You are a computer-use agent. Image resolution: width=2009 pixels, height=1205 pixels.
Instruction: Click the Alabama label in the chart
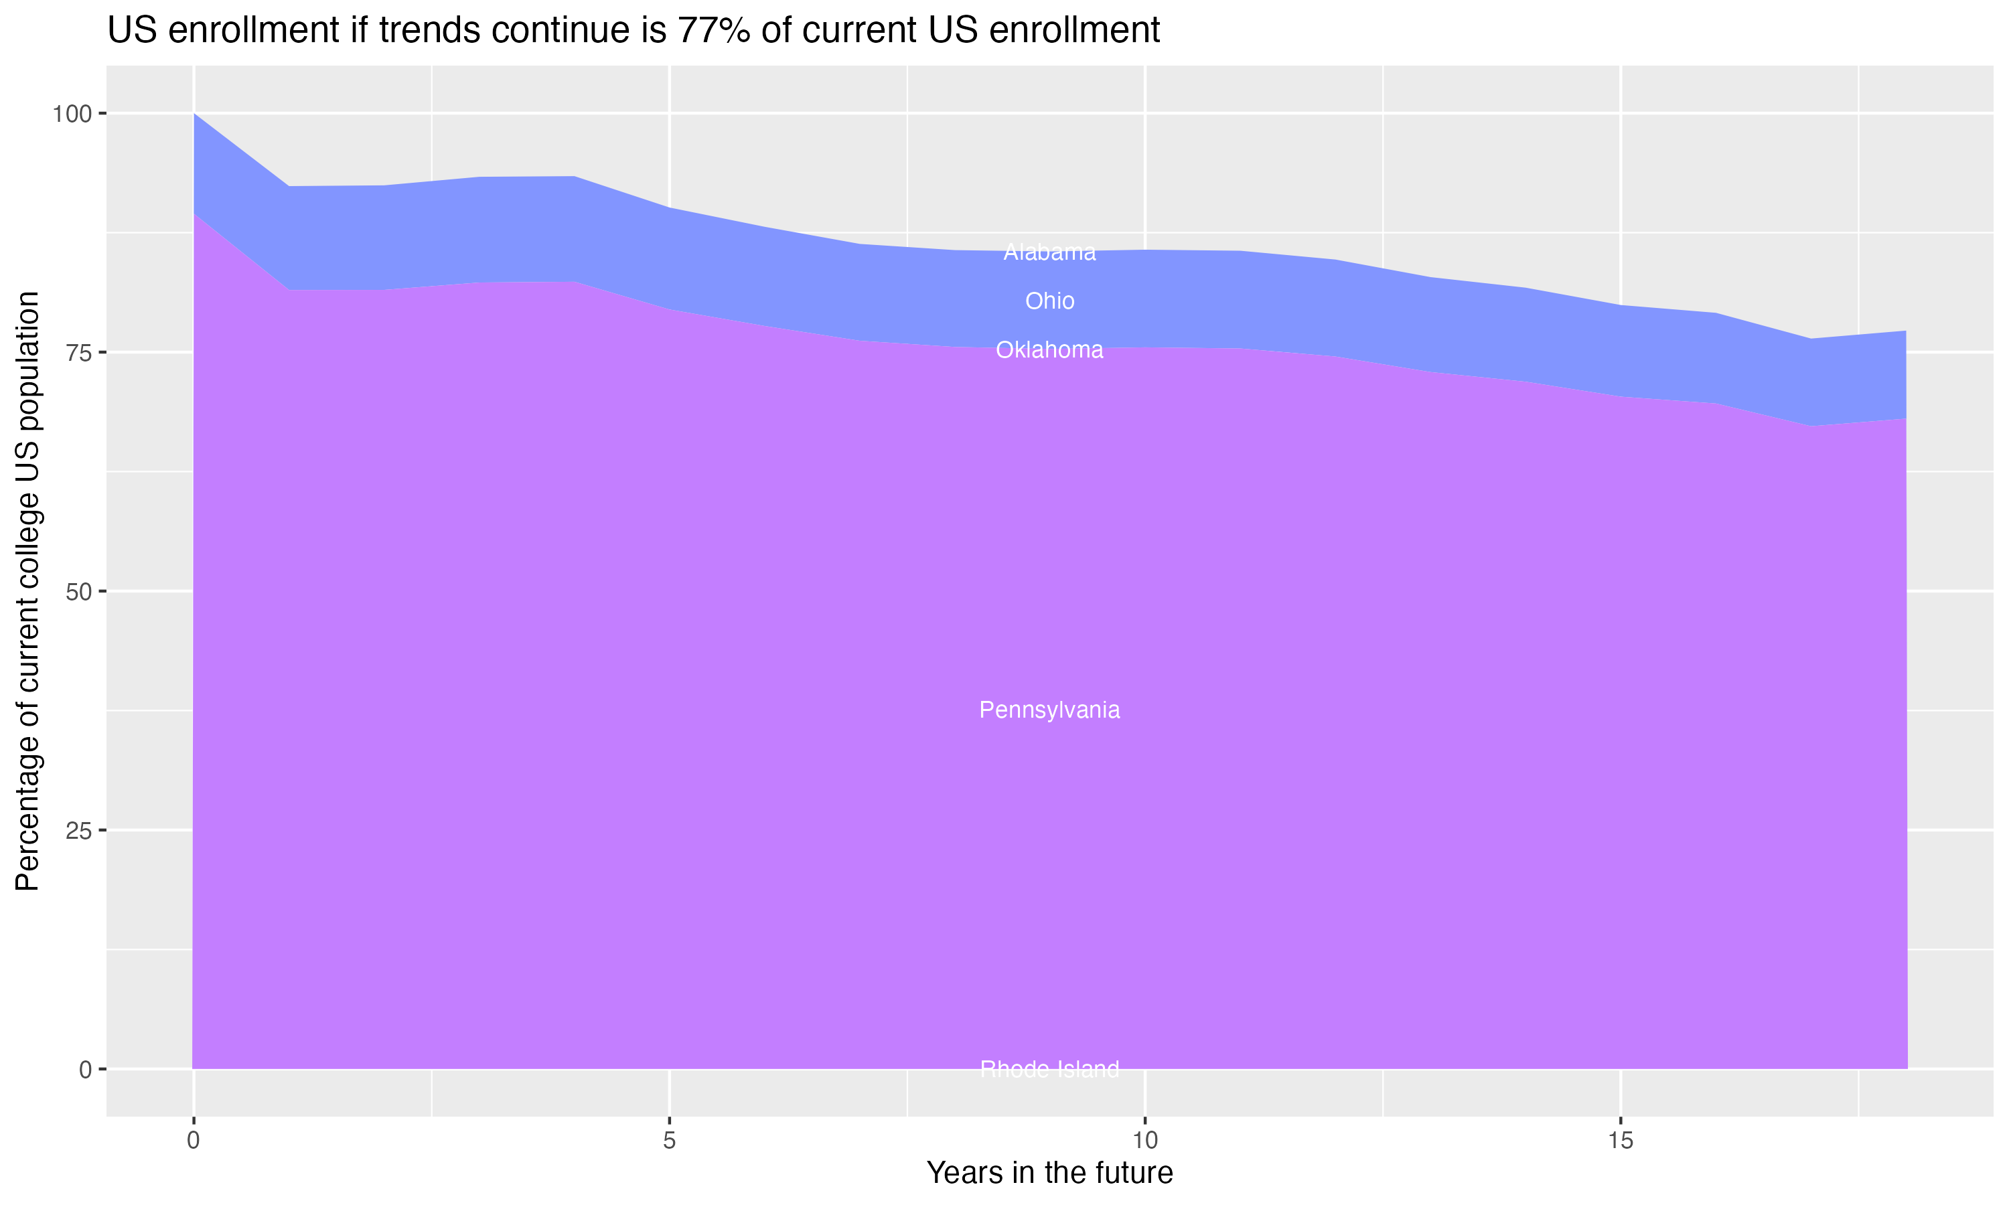(x=1049, y=252)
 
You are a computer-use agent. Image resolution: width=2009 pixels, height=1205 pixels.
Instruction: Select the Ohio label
(x=1049, y=301)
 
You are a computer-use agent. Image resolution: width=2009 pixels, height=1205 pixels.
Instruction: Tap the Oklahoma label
(x=1049, y=350)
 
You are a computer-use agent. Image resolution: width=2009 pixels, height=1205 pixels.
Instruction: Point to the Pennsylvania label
(x=1049, y=710)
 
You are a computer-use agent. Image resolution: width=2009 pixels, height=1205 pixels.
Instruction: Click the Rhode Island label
(x=1049, y=1069)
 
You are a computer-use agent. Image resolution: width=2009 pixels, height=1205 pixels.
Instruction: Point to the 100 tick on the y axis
(x=72, y=114)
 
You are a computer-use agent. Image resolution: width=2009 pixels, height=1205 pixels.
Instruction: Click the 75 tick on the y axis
(x=78, y=352)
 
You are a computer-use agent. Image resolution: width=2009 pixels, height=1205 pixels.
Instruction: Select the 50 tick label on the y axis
(x=78, y=592)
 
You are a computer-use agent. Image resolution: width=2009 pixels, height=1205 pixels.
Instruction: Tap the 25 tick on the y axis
(x=78, y=831)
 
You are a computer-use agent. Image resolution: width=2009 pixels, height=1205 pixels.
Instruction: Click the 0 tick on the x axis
(x=194, y=1141)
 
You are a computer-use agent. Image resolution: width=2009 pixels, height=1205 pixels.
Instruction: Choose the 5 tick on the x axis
(x=669, y=1141)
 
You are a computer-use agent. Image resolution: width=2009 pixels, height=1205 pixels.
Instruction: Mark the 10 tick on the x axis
(x=1145, y=1141)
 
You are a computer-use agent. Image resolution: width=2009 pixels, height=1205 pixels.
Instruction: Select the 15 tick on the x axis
(x=1621, y=1141)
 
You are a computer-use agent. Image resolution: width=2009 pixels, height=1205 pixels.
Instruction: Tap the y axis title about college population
(x=27, y=591)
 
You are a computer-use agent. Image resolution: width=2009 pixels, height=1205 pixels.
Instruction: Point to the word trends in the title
(x=429, y=31)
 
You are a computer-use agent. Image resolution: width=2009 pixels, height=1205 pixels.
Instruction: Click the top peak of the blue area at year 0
(x=194, y=114)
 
